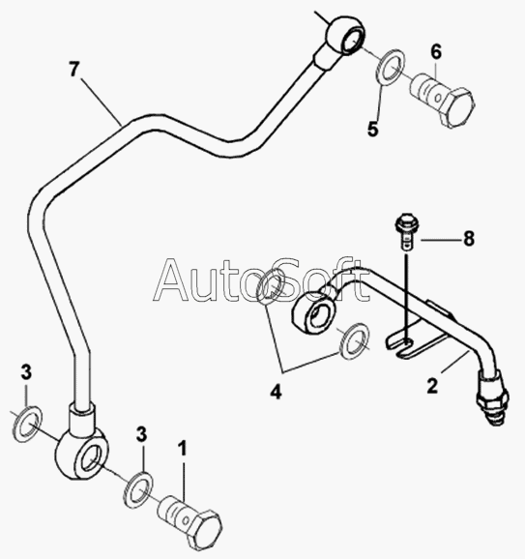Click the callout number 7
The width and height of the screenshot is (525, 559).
coord(73,70)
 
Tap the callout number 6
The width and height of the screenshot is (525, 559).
coord(436,52)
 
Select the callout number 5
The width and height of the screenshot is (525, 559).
coord(373,129)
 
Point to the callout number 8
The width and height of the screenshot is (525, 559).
coord(469,239)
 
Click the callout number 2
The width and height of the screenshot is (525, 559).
coord(432,386)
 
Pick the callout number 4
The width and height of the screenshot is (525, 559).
coord(276,392)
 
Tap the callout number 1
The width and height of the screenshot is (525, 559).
coord(183,448)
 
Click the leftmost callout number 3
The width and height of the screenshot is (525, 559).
coord(26,372)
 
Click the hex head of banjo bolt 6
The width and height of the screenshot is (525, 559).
coord(457,106)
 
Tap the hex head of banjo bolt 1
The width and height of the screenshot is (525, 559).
coord(204,530)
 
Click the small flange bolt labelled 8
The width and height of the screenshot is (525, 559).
coord(407,230)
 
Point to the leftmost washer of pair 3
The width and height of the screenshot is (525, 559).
coord(27,424)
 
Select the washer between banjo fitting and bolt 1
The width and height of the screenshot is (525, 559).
coord(138,490)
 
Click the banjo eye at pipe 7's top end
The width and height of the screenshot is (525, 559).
coord(345,35)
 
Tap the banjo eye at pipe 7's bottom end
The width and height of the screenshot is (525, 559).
coord(81,456)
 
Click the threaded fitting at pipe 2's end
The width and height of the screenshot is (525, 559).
coord(493,398)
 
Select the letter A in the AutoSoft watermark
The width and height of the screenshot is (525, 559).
coord(176,279)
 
